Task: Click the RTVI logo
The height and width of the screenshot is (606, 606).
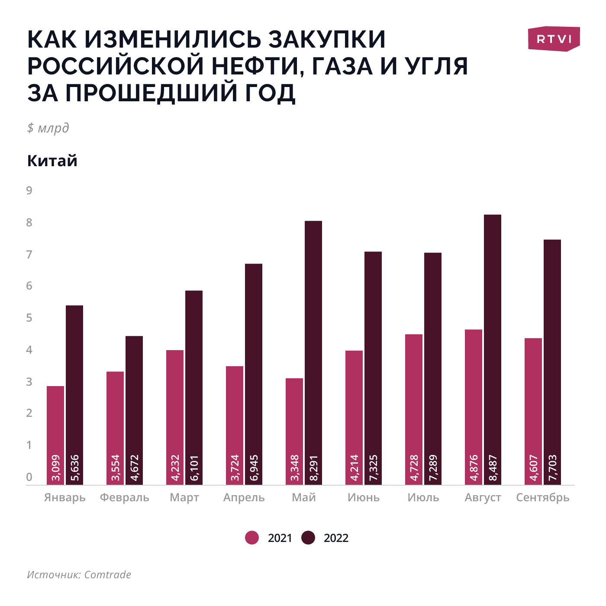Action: click(x=554, y=39)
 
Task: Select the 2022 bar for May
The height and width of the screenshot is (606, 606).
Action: click(x=313, y=352)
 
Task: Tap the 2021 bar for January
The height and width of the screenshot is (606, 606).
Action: click(x=55, y=435)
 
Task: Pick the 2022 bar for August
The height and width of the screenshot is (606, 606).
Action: click(x=493, y=349)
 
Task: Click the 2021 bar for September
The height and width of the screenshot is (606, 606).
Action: click(x=533, y=411)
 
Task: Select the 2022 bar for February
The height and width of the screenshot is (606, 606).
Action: click(x=134, y=410)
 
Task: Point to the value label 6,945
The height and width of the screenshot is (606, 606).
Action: click(x=254, y=467)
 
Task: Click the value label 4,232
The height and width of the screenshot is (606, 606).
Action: click(x=175, y=467)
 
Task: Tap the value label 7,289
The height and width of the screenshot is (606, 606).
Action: click(x=433, y=467)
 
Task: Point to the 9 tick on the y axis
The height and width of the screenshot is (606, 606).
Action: click(x=29, y=190)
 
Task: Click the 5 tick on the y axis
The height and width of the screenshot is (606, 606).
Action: click(x=29, y=318)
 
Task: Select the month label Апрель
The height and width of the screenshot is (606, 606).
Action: click(x=244, y=497)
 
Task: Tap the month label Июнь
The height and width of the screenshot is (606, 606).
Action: click(x=364, y=497)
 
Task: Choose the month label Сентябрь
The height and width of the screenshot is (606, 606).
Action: click(x=543, y=497)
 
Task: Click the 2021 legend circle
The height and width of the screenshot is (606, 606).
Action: click(x=252, y=538)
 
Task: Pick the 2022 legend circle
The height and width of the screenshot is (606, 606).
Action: click(x=308, y=538)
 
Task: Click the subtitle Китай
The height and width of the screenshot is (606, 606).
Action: click(x=52, y=161)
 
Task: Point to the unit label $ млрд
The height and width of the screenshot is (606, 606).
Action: click(x=48, y=128)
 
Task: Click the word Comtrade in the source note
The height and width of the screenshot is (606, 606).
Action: click(x=107, y=574)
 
